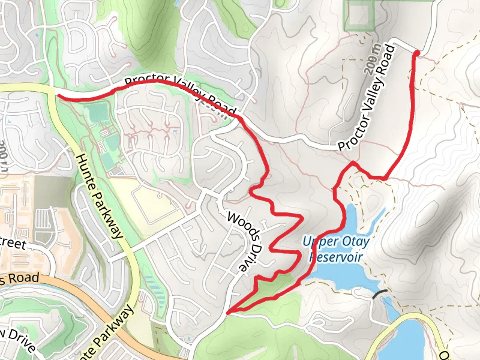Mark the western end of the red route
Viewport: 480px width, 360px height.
click(57, 94)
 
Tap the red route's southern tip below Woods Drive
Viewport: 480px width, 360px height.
click(228, 313)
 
